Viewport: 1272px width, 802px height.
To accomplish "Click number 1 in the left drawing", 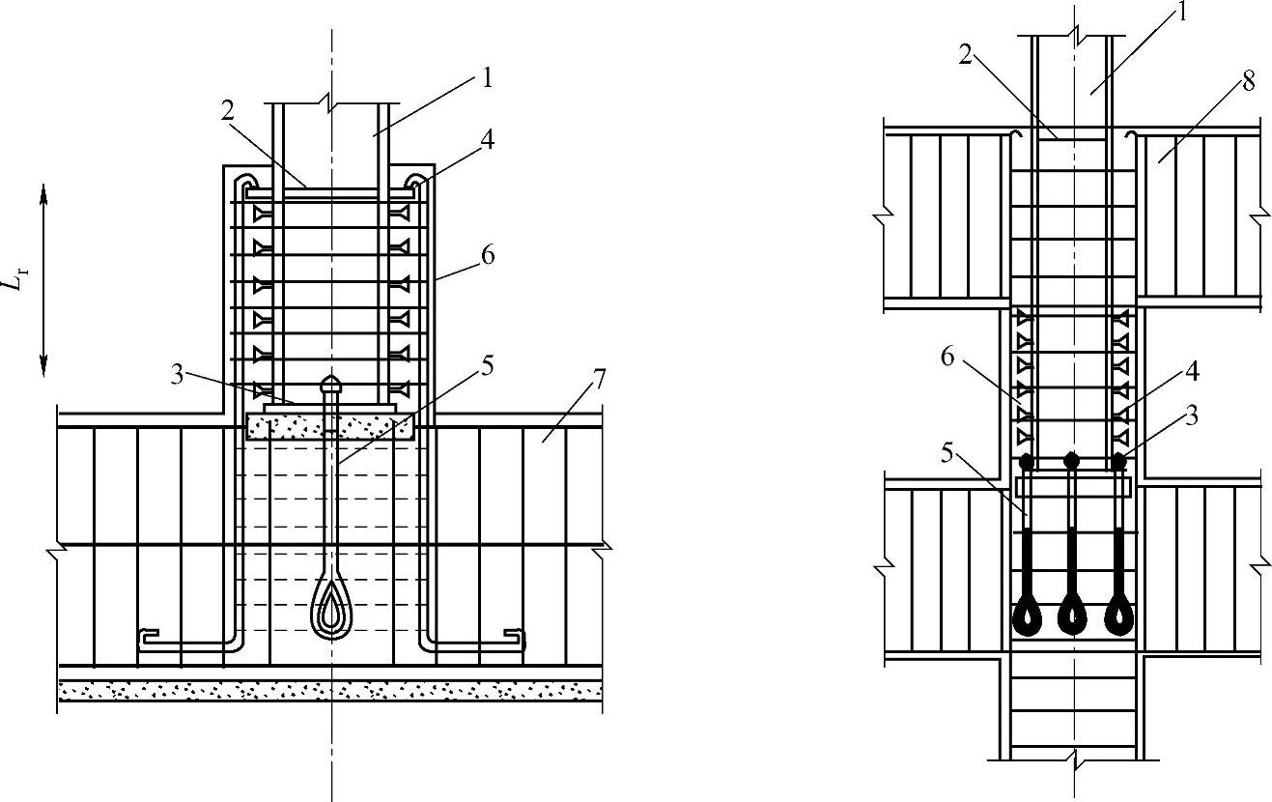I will (488, 78).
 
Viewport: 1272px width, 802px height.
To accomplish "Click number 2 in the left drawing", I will (229, 110).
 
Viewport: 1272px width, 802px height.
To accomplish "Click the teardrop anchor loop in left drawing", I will (331, 609).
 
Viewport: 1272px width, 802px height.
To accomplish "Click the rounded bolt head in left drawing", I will (331, 384).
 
